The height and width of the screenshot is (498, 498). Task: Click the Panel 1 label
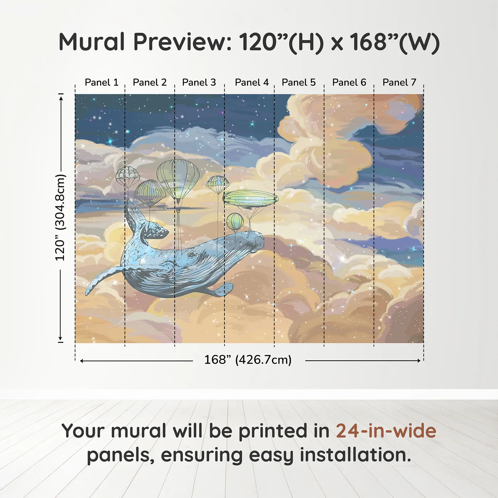point(101,83)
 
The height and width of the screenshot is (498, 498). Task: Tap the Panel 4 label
point(252,83)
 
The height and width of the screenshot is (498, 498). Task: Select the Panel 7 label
point(399,83)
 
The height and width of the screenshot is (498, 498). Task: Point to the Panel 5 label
point(298,83)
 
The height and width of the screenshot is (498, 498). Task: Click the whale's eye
point(192,254)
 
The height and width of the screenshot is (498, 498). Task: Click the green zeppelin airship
point(250,198)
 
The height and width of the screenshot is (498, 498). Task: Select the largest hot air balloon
point(178,178)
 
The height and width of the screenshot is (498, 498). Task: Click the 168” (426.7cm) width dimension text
point(248,360)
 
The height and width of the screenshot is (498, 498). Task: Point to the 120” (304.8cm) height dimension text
point(60,218)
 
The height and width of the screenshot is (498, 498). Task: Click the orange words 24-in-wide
point(386,431)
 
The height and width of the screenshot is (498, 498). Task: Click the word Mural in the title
point(92,42)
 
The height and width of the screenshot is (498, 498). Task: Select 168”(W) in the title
point(394,42)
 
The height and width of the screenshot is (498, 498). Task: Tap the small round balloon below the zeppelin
point(235,221)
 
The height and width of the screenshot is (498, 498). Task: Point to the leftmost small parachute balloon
point(127,175)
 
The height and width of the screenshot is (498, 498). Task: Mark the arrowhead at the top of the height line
point(61,97)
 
